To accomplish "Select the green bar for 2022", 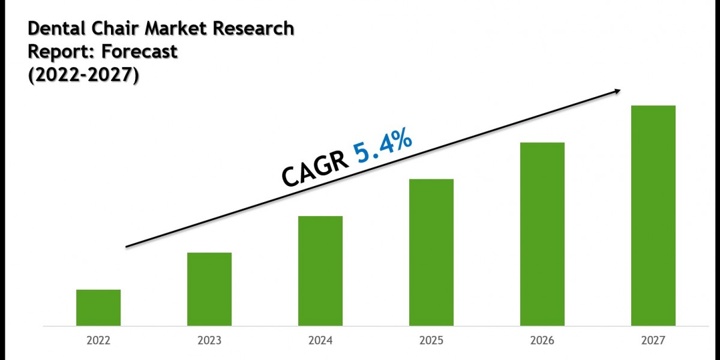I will coord(98,308).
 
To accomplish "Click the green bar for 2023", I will coord(209,289).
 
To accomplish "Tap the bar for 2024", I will coord(320,271).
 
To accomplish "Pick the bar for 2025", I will coord(431,253).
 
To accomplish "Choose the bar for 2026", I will coord(542,234).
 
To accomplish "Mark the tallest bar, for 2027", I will coord(653,216).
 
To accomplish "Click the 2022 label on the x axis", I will coord(98,341).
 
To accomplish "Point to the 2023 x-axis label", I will coord(209,341).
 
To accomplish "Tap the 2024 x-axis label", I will coord(320,341).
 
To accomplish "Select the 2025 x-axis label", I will coord(431,341).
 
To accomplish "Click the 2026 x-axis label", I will coord(542,341).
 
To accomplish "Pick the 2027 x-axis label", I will coord(653,341).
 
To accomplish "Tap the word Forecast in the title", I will coord(140,52).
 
